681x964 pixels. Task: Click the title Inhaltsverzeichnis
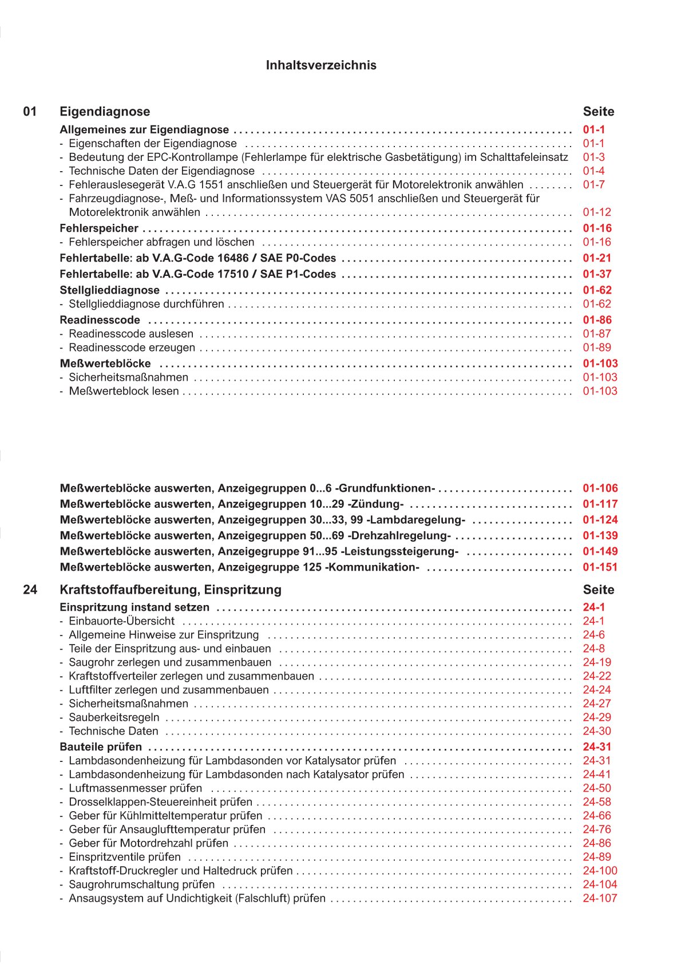pos(321,65)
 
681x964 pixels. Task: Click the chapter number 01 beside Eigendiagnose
pos(30,112)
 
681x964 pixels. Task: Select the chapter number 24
pos(30,590)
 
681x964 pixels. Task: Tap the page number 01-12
pos(597,212)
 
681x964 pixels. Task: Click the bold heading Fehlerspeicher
pos(99,228)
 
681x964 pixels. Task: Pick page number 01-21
pos(597,258)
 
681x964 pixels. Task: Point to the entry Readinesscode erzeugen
pos(132,347)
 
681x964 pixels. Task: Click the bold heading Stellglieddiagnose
pos(109,290)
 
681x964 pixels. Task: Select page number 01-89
pos(597,347)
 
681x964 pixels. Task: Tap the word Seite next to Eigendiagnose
pos(598,112)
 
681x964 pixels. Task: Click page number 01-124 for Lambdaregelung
pos(600,520)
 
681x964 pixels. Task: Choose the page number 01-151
pos(600,567)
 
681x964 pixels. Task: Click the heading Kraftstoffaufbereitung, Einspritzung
pos(171,590)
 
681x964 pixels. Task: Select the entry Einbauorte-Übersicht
pos(121,621)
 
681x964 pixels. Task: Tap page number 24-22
pos(597,676)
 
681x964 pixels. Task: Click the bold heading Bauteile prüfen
pos(101,747)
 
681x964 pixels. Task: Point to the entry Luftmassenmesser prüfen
pos(135,788)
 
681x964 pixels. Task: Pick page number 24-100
pos(600,871)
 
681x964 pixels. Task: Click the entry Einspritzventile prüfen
pos(124,857)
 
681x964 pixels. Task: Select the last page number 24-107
pos(600,898)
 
